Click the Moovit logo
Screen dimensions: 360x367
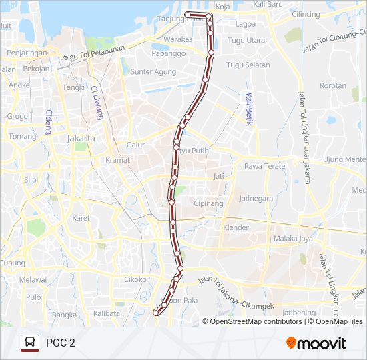316,343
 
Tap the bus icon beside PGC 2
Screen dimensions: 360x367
29,343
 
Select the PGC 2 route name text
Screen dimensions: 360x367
61,343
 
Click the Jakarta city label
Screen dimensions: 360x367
81,139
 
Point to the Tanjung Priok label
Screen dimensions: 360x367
176,18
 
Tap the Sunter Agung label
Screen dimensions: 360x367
153,71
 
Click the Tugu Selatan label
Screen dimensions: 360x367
248,65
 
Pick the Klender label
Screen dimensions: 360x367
235,227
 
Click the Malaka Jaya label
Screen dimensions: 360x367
293,238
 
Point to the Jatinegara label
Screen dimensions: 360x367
256,198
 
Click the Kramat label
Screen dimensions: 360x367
117,160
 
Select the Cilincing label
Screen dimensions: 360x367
306,14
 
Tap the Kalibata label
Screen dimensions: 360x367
107,313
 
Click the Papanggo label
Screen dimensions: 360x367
168,53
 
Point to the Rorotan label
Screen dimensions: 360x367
333,85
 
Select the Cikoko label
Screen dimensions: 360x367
134,279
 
